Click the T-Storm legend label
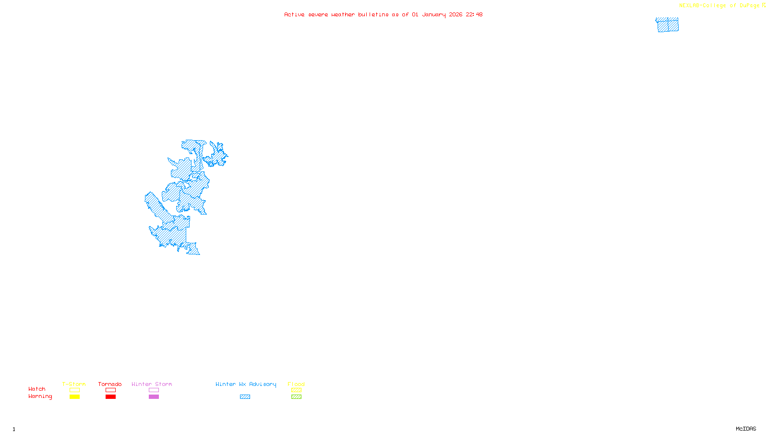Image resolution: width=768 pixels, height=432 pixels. (x=74, y=384)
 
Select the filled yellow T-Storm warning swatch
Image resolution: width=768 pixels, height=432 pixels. (x=74, y=397)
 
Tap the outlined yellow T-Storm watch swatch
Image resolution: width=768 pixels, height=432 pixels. (x=74, y=390)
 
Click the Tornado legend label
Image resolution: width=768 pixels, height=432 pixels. (x=110, y=384)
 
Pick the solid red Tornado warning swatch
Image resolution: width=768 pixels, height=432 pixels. (x=110, y=397)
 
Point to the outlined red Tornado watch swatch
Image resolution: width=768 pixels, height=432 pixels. (x=110, y=390)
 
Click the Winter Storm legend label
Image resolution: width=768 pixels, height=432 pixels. (x=152, y=384)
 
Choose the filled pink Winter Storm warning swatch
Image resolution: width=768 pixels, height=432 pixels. (x=154, y=397)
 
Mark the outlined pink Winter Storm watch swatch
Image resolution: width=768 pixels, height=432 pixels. (x=154, y=390)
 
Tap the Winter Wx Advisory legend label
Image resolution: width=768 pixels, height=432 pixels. (x=246, y=384)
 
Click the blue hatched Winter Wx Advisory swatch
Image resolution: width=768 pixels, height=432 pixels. (x=245, y=397)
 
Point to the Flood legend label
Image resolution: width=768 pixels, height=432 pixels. (x=296, y=384)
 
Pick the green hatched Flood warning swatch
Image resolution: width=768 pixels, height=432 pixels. (x=296, y=397)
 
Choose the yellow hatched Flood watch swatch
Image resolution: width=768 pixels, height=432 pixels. (x=296, y=390)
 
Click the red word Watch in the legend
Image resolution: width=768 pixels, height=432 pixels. (x=37, y=389)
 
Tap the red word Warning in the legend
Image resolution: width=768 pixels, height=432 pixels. (x=40, y=396)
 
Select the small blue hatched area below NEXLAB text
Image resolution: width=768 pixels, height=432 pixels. (x=667, y=25)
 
